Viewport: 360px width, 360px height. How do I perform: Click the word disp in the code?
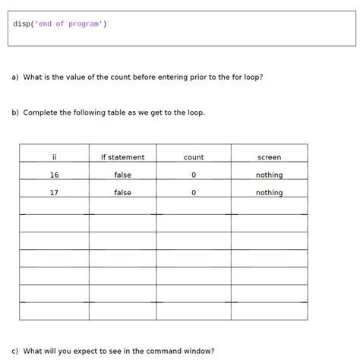pos(21,24)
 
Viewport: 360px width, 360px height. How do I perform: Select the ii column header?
pos(55,157)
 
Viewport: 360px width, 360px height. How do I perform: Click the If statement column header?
pos(122,157)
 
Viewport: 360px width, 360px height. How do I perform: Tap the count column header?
pos(194,157)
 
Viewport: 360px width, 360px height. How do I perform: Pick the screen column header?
pos(269,157)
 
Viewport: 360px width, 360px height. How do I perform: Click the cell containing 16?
pos(54,175)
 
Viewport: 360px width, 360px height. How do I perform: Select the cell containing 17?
pos(54,193)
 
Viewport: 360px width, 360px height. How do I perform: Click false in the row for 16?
pos(122,175)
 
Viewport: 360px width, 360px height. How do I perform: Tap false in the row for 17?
pos(122,193)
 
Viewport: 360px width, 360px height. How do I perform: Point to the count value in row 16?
pos(194,175)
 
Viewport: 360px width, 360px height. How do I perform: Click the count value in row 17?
pos(194,193)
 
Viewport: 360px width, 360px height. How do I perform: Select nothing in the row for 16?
pos(269,175)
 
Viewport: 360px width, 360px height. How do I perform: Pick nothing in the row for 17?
pos(269,193)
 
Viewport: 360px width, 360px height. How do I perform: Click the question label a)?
pos(14,77)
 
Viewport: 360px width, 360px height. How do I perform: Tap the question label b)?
pos(14,112)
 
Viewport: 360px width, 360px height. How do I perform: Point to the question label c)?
pos(14,352)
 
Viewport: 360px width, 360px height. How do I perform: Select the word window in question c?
pos(198,352)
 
